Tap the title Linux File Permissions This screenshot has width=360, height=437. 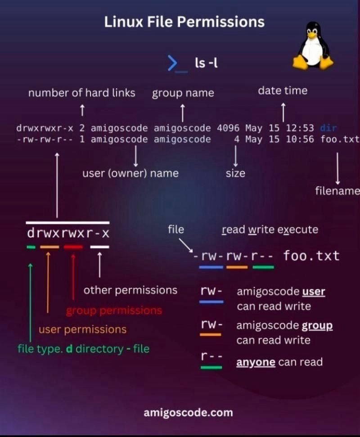coord(184,22)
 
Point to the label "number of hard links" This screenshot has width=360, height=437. coord(81,93)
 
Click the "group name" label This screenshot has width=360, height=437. coord(183,94)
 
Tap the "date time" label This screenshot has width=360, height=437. coord(283,91)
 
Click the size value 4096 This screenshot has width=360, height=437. coord(228,128)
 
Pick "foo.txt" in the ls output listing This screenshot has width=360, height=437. coord(340,140)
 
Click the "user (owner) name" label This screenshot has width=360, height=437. coord(130,173)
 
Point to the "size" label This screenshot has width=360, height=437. coord(235,173)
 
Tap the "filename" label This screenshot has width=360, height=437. coord(337,191)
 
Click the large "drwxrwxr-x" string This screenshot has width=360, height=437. coord(68,234)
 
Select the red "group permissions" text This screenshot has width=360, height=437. coord(114,311)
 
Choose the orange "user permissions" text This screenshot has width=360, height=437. coord(82,329)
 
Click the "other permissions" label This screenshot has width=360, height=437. coord(130,290)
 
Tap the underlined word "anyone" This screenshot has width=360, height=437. coord(256,362)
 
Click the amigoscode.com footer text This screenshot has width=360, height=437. coord(188,412)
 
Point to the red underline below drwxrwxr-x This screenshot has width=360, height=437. coord(73,247)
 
